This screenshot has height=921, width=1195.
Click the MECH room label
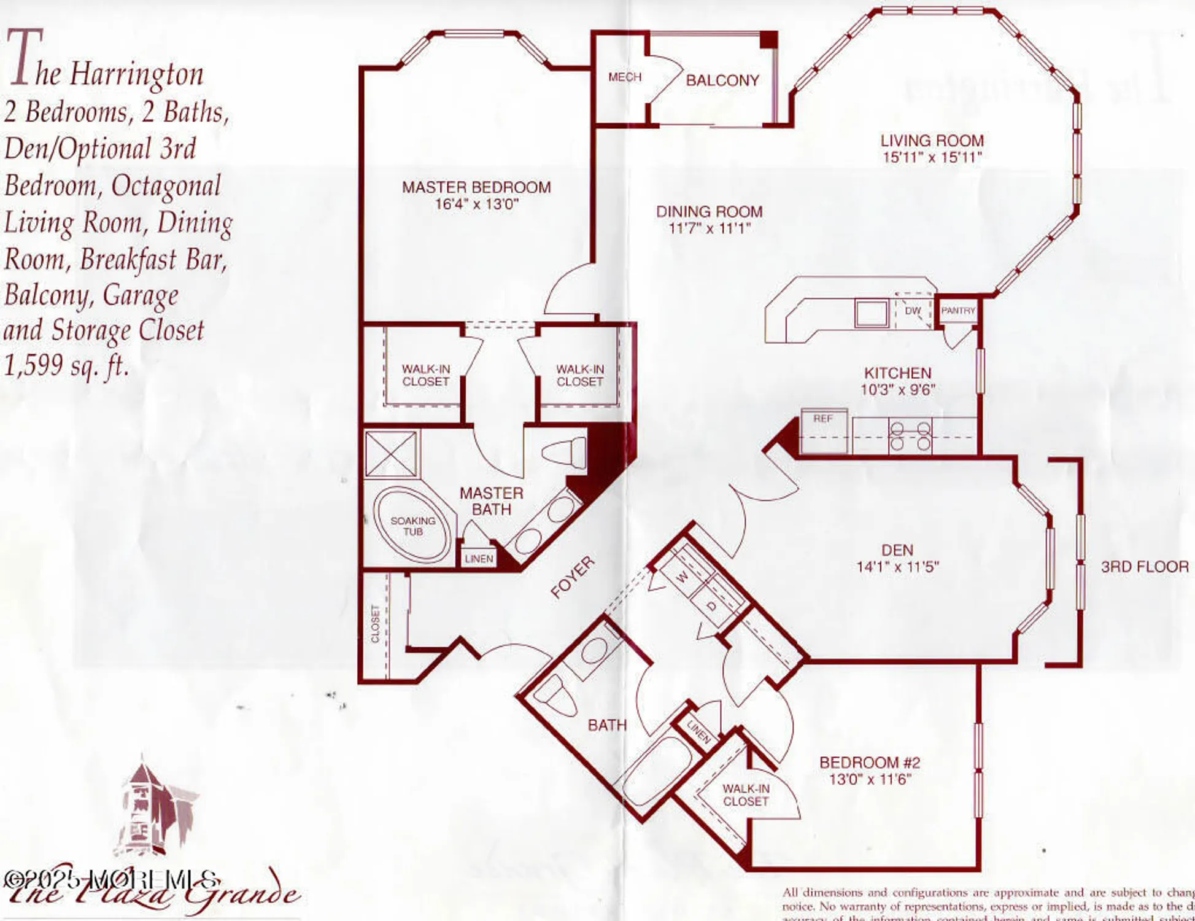(x=624, y=77)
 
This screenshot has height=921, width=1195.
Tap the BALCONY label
(x=722, y=80)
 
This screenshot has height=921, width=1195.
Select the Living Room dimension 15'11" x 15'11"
(x=932, y=157)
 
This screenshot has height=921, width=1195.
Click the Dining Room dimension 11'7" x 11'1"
(x=709, y=228)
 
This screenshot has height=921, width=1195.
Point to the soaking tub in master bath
(x=412, y=526)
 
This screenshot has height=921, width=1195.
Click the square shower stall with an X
(x=391, y=454)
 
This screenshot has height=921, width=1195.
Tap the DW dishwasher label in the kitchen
(x=913, y=311)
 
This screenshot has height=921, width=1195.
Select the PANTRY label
(x=957, y=311)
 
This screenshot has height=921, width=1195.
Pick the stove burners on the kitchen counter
(x=910, y=436)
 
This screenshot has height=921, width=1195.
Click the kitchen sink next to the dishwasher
(x=872, y=313)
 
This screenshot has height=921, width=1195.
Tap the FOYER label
(x=571, y=577)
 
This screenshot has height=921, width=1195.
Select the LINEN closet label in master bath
(x=479, y=559)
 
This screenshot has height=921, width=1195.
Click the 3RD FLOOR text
(x=1144, y=566)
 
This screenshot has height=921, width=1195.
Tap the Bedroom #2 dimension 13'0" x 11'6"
(x=870, y=780)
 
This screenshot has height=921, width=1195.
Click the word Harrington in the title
(x=136, y=74)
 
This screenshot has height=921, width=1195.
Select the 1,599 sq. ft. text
(x=66, y=367)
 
